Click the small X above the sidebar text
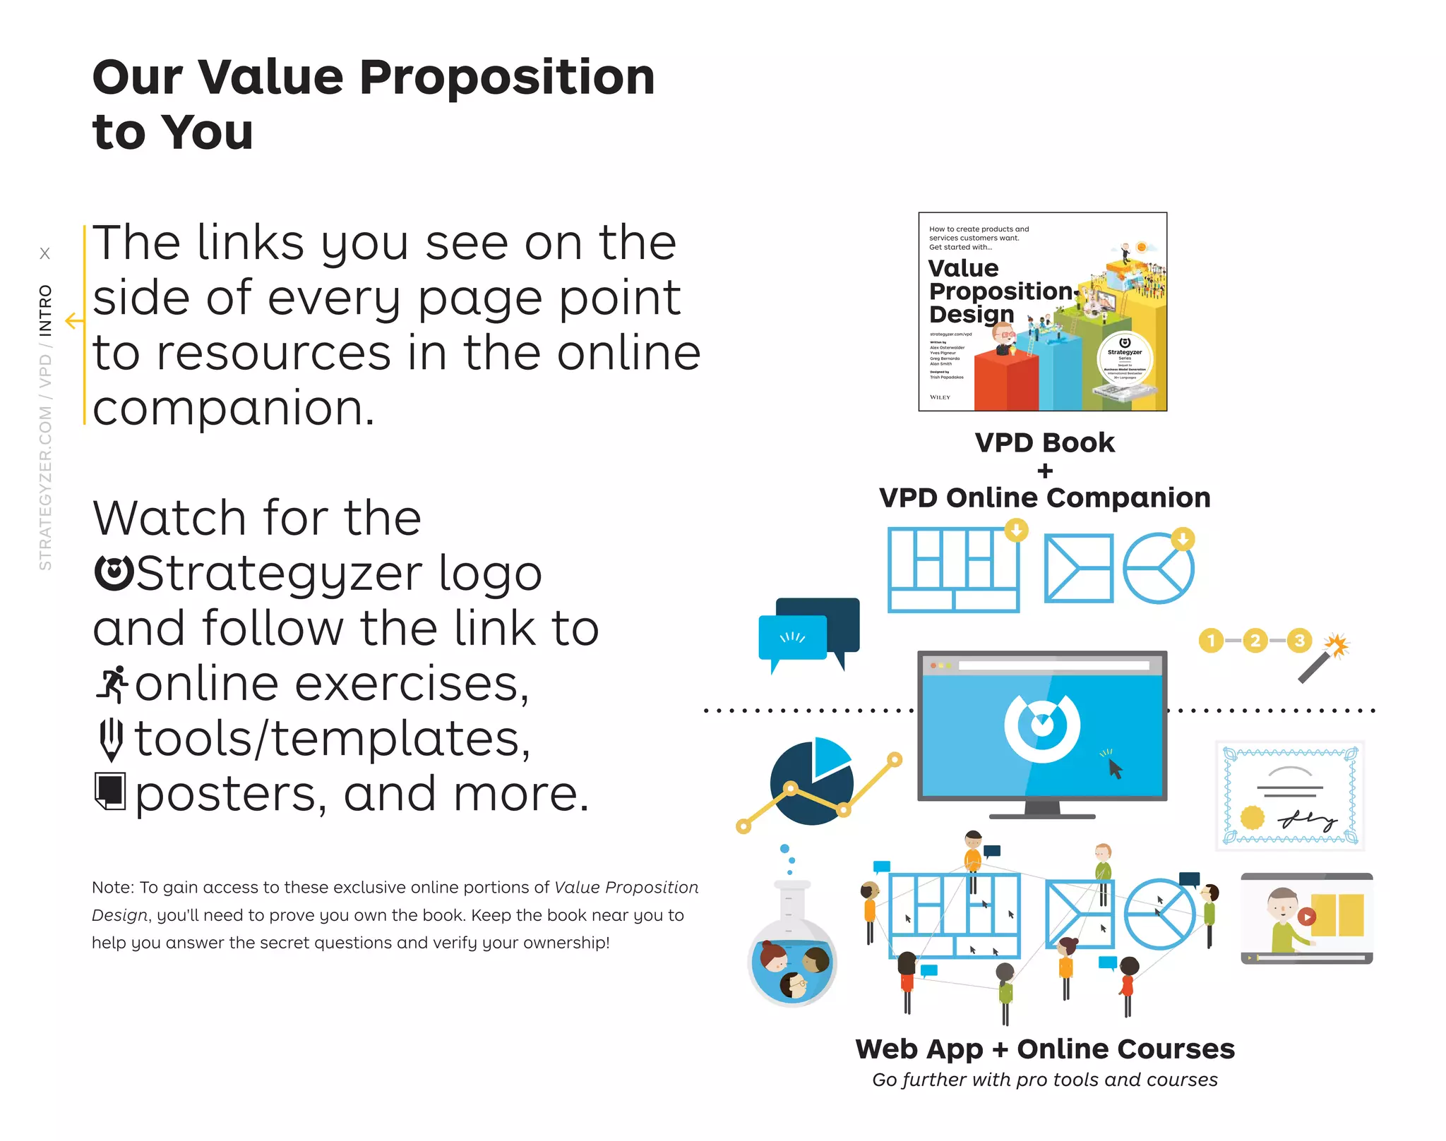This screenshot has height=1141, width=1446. (x=45, y=253)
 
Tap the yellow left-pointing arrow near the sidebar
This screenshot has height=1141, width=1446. (x=74, y=321)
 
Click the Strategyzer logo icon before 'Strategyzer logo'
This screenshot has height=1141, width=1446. (x=113, y=573)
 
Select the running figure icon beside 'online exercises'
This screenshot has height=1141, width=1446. (x=112, y=684)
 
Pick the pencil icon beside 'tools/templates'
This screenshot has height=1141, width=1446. (x=111, y=739)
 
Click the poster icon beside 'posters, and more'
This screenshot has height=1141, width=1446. (x=110, y=792)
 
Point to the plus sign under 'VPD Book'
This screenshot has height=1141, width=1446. (x=1045, y=471)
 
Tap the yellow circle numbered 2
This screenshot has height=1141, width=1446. (x=1255, y=641)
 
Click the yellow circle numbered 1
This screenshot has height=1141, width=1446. (x=1211, y=641)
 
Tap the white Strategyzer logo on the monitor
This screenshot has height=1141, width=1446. (x=1041, y=727)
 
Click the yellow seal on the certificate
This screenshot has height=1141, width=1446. (x=1253, y=818)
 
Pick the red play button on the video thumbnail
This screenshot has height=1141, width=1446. (x=1306, y=917)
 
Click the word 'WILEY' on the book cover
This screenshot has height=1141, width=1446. (x=940, y=397)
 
